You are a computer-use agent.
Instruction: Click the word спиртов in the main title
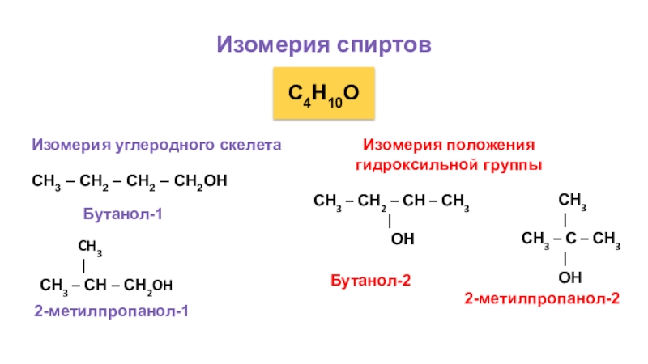point(382,44)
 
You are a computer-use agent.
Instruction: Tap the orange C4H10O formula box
point(324,95)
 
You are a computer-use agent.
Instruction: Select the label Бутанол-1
point(123,214)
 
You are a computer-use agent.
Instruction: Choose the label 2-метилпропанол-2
point(542,298)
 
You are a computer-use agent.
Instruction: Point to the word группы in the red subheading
point(505,164)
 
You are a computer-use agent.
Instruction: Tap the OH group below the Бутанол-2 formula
point(403,239)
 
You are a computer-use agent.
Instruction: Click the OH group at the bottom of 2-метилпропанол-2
point(570,277)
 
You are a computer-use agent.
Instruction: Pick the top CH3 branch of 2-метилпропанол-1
point(89,246)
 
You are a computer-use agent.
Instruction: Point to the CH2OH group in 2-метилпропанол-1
point(147,285)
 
